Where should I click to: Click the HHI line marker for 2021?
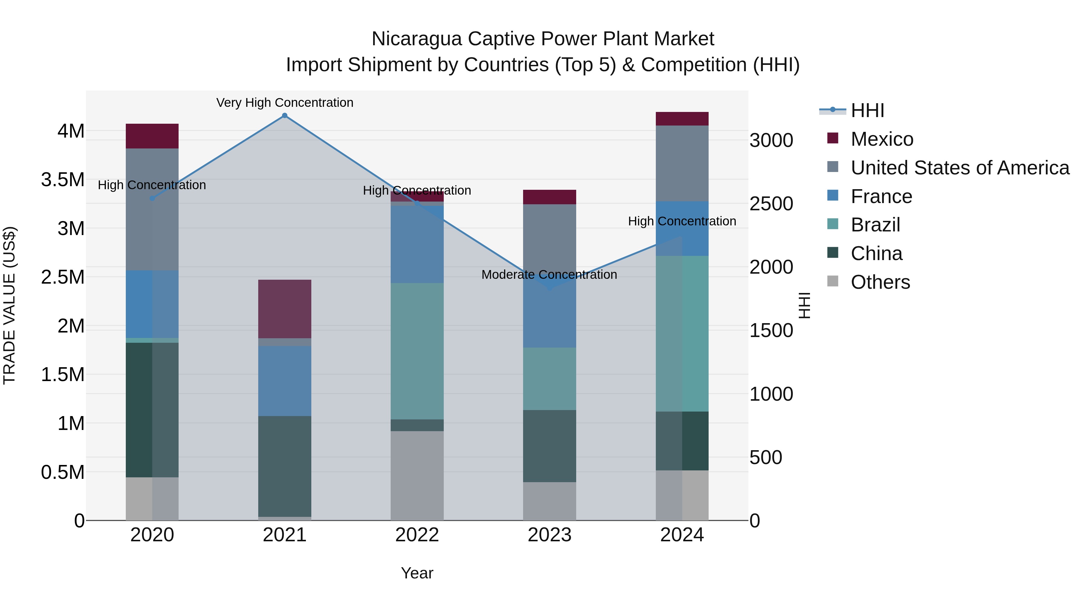[x=284, y=116]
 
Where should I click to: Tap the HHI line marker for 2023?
[x=549, y=288]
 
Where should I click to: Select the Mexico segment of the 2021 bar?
[x=284, y=309]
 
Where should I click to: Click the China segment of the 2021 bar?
[x=284, y=466]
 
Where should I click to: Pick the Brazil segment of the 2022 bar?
[x=417, y=351]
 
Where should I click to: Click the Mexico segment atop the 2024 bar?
[x=682, y=119]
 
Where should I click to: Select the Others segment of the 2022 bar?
[x=417, y=475]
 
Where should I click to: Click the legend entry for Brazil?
[x=875, y=225]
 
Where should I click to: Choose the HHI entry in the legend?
[x=867, y=110]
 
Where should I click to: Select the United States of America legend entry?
[x=960, y=168]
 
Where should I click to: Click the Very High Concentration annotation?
[x=284, y=103]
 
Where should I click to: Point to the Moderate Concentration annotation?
[x=549, y=275]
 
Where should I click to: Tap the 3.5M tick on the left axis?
[x=63, y=180]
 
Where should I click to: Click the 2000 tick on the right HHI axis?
[x=771, y=267]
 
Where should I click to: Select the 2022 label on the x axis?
[x=417, y=535]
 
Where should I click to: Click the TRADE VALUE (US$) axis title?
[x=9, y=305]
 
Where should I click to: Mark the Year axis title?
[x=417, y=573]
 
